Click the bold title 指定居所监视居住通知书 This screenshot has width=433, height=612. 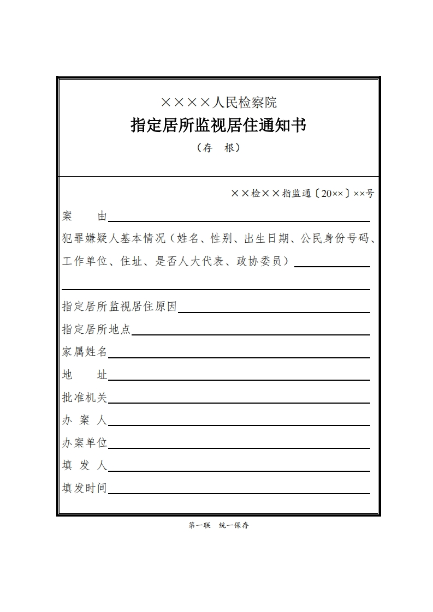coord(218,125)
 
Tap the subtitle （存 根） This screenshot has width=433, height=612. coord(218,148)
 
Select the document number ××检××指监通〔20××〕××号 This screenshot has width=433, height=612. coord(302,194)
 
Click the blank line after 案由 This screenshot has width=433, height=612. coord(239,219)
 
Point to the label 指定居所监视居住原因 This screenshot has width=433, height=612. coord(120,307)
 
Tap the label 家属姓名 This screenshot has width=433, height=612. coord(85,352)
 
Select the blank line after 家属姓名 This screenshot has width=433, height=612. coord(239,355)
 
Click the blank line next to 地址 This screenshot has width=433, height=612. coord(239,377)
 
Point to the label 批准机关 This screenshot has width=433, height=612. coord(85,398)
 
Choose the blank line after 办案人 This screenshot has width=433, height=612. coord(239,423)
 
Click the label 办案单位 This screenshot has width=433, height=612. coord(85,443)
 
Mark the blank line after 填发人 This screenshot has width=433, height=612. coord(239,468)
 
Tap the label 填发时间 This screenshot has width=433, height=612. coord(85,488)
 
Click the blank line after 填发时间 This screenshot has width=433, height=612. coord(239,491)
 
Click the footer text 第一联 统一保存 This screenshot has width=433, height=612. coord(218,526)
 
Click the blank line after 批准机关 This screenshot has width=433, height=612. coord(239,400)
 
